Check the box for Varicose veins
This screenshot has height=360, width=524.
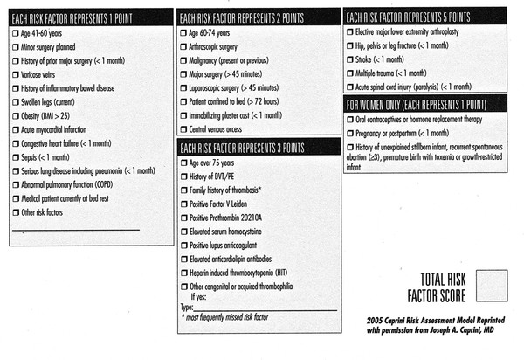click(17, 75)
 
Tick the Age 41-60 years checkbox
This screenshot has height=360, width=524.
click(17, 32)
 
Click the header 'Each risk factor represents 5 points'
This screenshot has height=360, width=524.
click(410, 16)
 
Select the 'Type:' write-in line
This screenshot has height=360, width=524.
click(262, 308)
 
